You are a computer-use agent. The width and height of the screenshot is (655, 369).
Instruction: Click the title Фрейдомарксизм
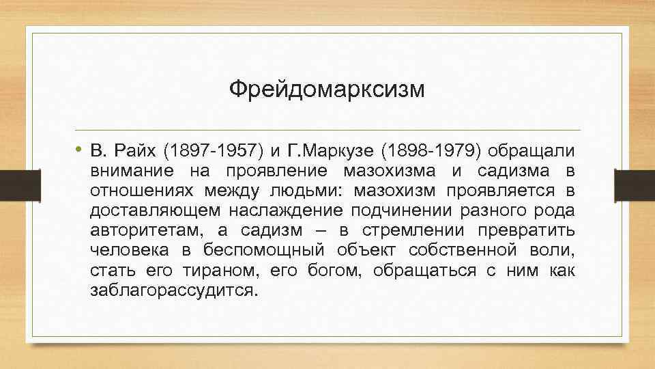pyautogui.click(x=326, y=89)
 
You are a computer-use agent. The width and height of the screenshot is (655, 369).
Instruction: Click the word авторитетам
pyautogui.click(x=136, y=230)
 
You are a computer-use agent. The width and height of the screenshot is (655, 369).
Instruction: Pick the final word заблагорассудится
pyautogui.click(x=174, y=290)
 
